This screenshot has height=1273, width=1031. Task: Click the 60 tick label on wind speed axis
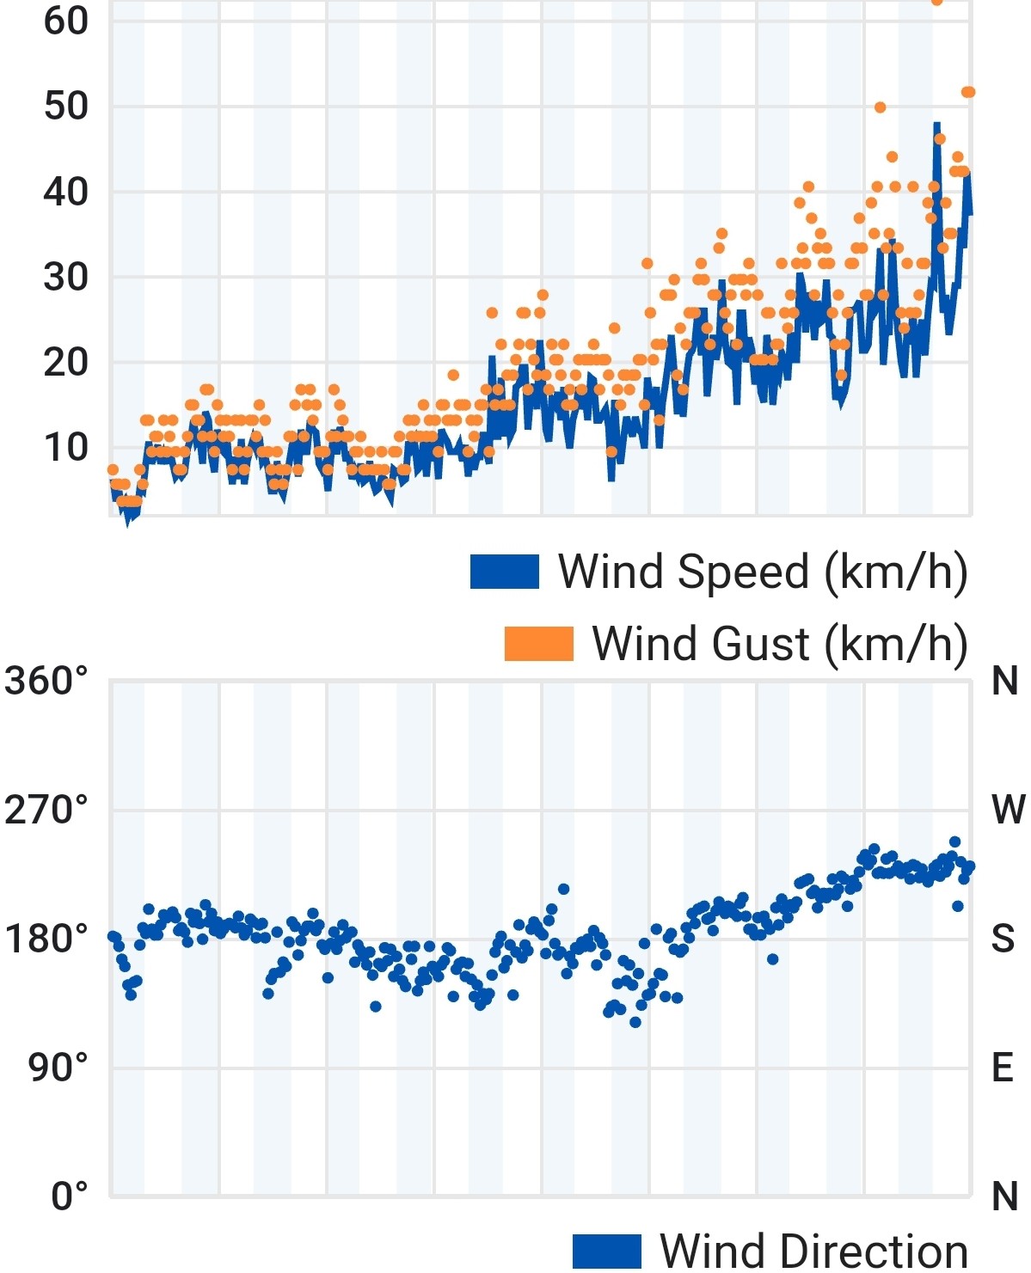click(65, 21)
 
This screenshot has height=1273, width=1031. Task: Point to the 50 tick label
click(65, 107)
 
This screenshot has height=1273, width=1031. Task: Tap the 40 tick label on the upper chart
click(65, 192)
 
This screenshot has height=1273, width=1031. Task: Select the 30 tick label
click(65, 278)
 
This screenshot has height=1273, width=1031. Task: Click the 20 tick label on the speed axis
click(65, 362)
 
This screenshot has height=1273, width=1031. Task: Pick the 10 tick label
click(65, 448)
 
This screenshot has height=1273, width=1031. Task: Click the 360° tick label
click(46, 680)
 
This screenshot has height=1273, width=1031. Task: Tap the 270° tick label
click(46, 810)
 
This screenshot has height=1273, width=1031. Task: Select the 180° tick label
click(46, 939)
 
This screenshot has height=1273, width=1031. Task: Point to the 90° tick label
click(58, 1068)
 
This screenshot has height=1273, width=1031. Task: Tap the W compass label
click(1009, 809)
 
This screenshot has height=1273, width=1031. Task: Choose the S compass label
click(1003, 939)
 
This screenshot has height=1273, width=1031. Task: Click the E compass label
click(1003, 1068)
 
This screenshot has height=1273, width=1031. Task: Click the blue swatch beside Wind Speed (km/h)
click(505, 572)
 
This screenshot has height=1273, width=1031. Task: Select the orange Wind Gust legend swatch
click(538, 644)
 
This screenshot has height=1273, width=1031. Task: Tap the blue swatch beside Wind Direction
click(606, 1252)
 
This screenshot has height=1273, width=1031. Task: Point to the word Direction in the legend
click(875, 1252)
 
